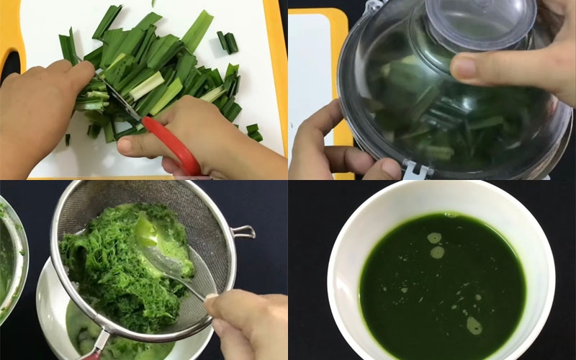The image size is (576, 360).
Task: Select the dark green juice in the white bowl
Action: (x=439, y=288)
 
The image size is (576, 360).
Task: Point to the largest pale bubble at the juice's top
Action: (x=434, y=238)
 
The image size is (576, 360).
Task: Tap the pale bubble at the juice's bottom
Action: (x=474, y=325)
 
